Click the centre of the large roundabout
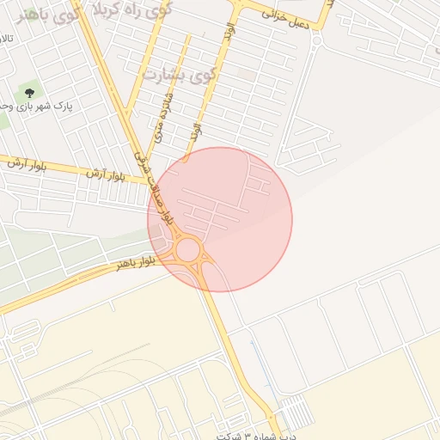188,251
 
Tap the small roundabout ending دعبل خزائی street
316,38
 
